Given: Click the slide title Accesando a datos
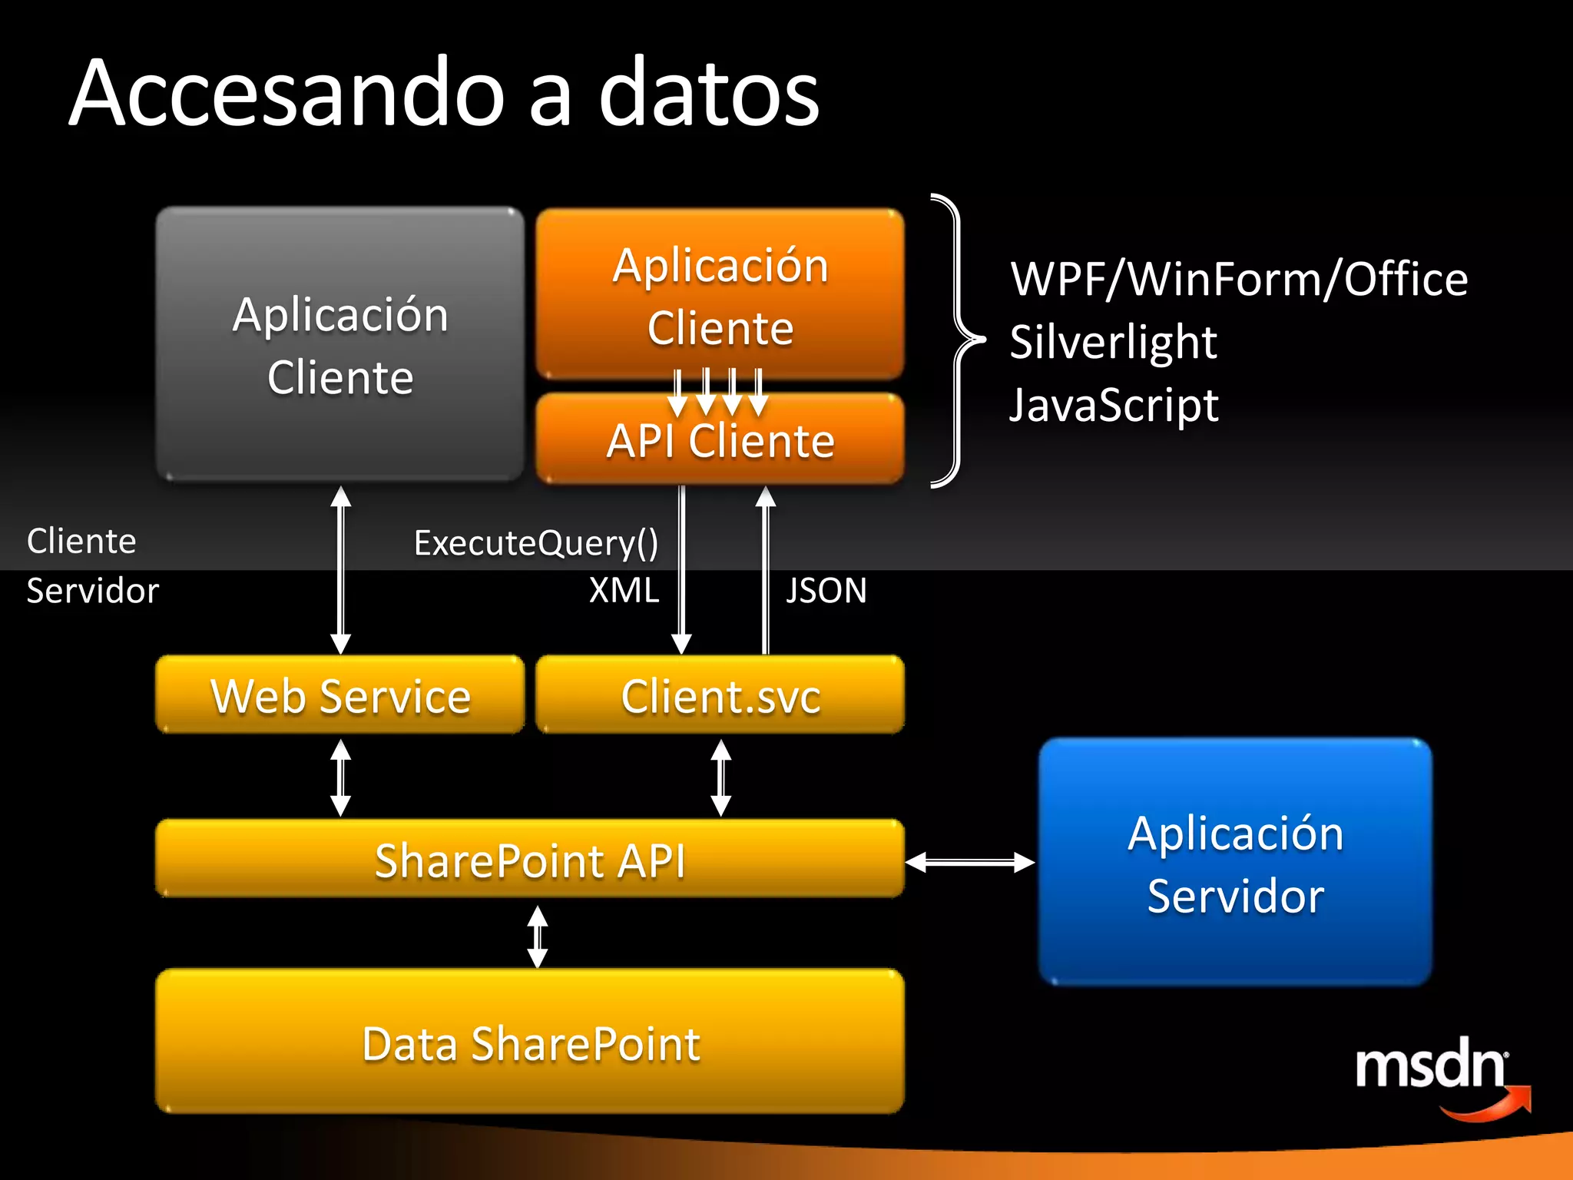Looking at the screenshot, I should [444, 94].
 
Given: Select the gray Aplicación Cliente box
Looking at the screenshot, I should [339, 344].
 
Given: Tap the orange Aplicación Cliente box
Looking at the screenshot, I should [720, 295].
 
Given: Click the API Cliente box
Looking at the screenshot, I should [720, 441].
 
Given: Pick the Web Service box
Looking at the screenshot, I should [339, 695].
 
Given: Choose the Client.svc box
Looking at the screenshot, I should [720, 695].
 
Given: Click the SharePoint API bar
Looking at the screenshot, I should [529, 859].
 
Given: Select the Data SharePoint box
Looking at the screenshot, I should [529, 1042].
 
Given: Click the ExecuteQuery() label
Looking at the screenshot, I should [535, 542].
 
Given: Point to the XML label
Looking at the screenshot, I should [624, 590].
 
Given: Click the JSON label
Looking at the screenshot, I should [826, 590].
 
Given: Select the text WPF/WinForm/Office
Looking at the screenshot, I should [1238, 278].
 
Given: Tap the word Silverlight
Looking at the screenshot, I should [1113, 341].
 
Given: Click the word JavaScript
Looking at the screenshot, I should [1113, 405].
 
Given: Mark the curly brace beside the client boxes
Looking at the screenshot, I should [957, 340].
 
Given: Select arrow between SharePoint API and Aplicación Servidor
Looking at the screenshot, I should [970, 862].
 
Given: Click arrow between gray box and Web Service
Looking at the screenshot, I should [340, 569].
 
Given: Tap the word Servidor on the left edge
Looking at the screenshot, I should [92, 590].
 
